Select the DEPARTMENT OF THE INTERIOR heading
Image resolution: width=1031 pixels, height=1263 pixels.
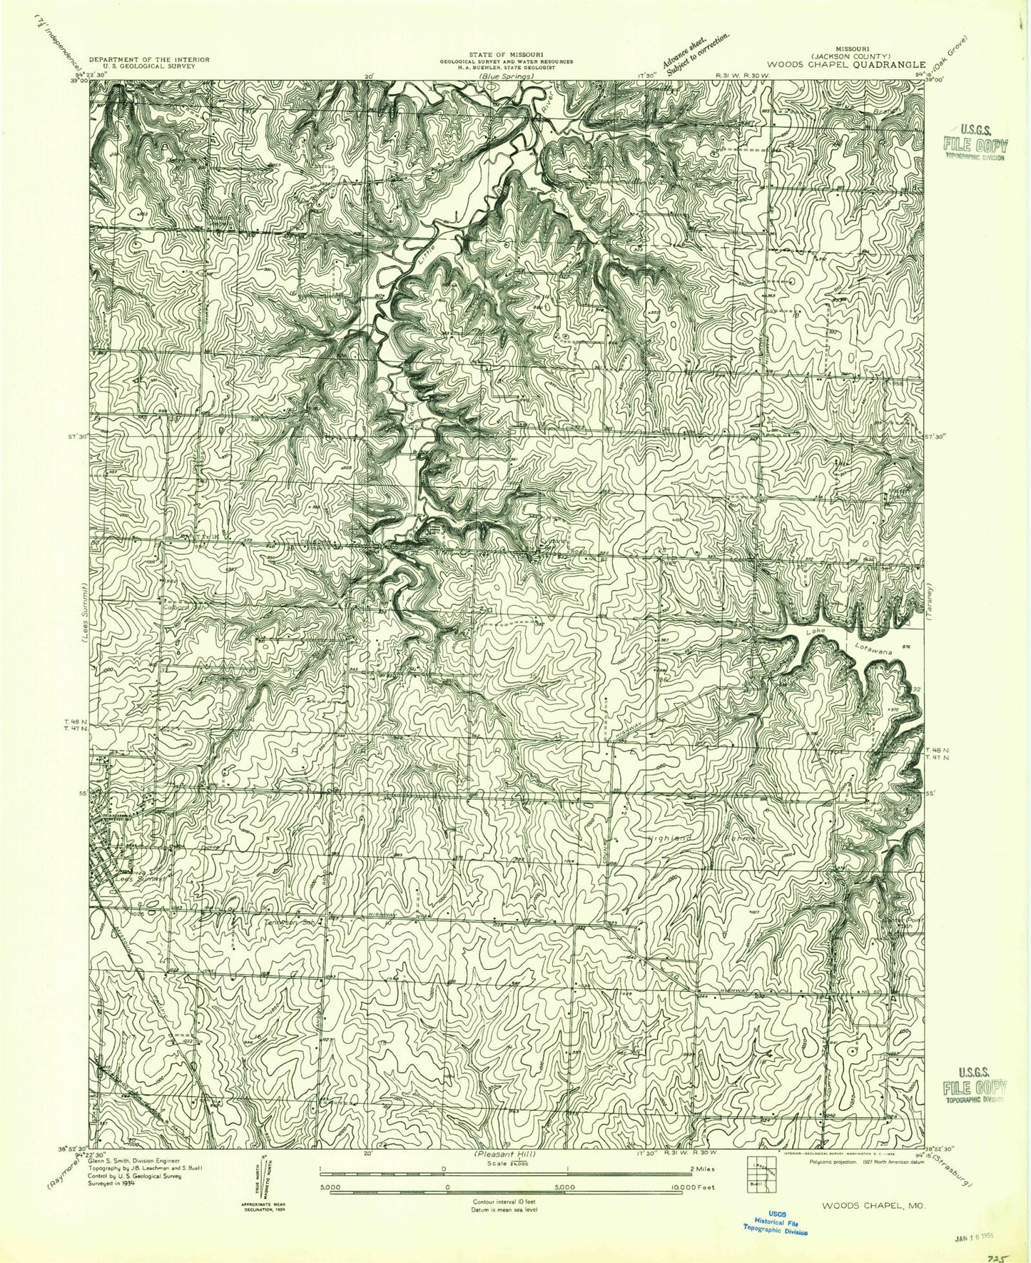[148, 59]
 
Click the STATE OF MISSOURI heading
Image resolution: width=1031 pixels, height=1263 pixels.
[506, 54]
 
